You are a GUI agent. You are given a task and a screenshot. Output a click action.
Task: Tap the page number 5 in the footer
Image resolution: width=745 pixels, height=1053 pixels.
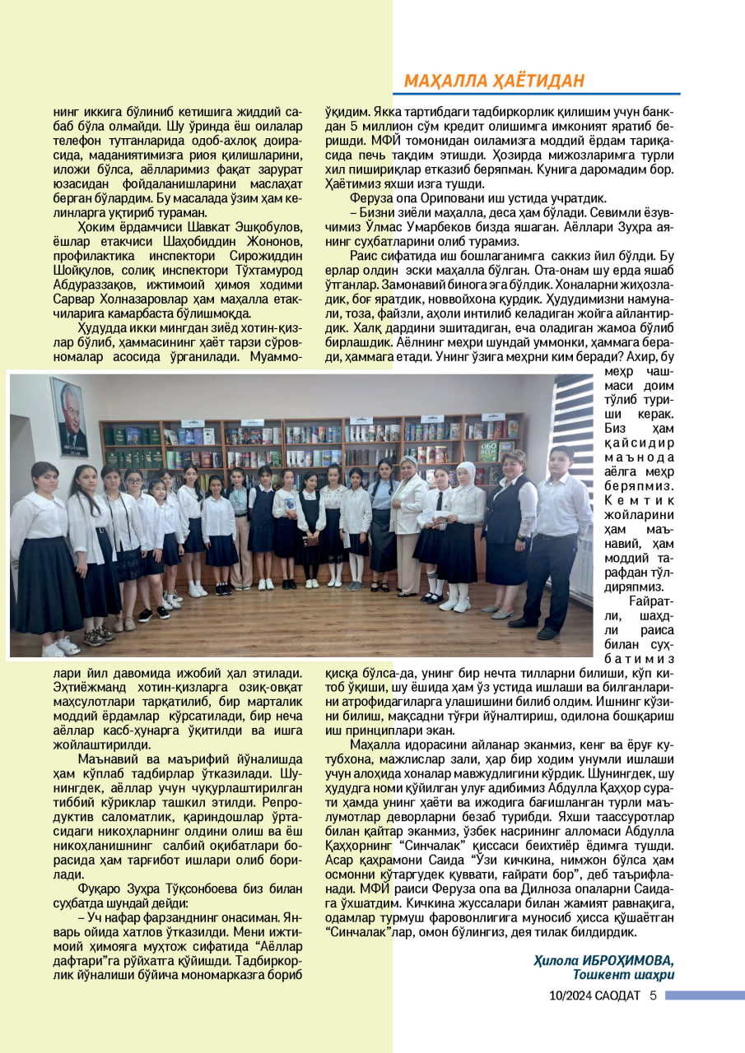point(652,995)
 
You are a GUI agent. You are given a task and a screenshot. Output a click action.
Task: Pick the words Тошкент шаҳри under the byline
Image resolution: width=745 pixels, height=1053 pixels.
point(624,975)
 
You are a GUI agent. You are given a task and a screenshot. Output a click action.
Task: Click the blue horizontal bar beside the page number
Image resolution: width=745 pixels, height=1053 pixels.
point(704,995)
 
